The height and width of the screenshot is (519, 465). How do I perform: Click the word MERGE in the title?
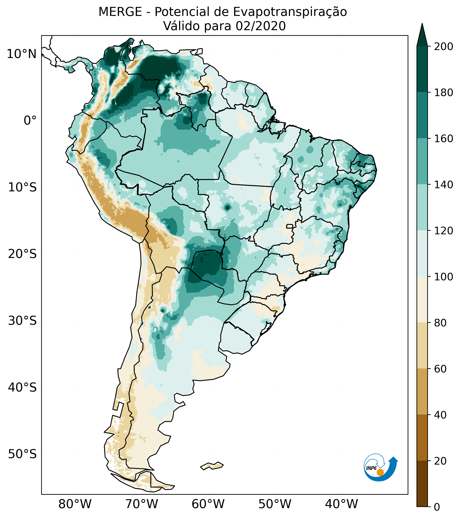tap(120, 12)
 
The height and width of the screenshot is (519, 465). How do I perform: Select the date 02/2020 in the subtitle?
tap(261, 26)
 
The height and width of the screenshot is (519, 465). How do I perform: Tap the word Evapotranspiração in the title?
tap(290, 12)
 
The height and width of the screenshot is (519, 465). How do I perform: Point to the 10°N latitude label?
tap(22, 54)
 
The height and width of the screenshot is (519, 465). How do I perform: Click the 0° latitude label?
tap(30, 120)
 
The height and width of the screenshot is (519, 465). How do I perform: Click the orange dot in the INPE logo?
tap(380, 472)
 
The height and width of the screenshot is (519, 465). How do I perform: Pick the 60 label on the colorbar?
tap(441, 369)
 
